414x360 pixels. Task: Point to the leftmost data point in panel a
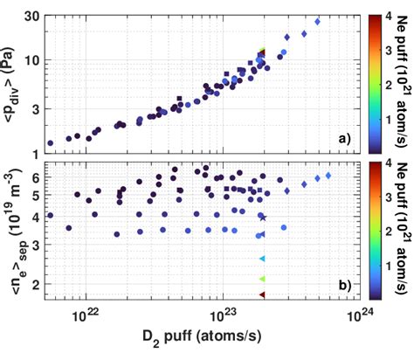click(50, 142)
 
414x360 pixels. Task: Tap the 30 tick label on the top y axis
click(34, 16)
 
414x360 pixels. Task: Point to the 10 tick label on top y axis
click(34, 60)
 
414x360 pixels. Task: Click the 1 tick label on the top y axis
click(38, 154)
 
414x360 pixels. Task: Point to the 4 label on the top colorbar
click(383, 16)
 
